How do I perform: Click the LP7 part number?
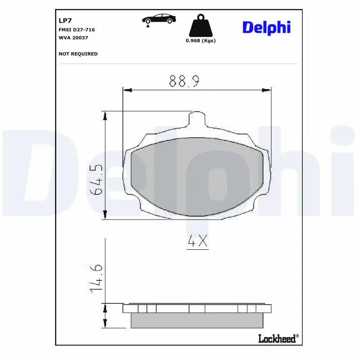(65, 21)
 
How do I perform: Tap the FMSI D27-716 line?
(76, 30)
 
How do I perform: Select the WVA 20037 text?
(73, 38)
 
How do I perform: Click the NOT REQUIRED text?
(78, 54)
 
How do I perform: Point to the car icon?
(159, 19)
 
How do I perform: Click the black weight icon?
(200, 26)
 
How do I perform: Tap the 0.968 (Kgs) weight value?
(201, 41)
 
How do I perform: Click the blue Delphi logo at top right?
(266, 27)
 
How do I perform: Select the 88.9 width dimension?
(184, 81)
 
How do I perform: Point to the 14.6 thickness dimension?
(97, 279)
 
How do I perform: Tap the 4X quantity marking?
(197, 242)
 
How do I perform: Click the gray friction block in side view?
(196, 320)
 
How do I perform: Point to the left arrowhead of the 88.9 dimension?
(127, 90)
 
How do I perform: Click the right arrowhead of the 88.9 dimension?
(267, 90)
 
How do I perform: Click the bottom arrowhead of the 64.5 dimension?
(105, 215)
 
